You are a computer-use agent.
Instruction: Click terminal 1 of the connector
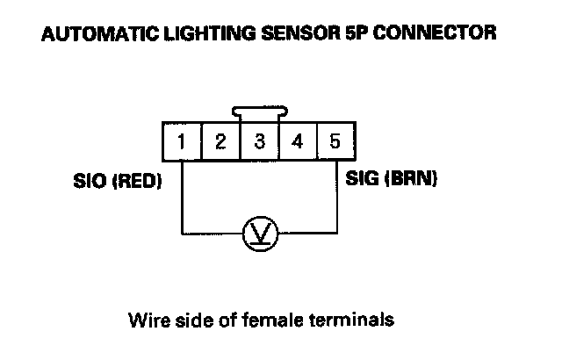[x=181, y=141]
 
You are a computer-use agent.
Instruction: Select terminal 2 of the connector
[x=220, y=141]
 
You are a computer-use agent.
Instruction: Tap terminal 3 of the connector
[x=259, y=141]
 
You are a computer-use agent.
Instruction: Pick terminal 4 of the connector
[x=298, y=141]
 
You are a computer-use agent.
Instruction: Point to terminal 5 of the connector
[x=335, y=141]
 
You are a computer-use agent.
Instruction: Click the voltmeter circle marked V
[x=260, y=234]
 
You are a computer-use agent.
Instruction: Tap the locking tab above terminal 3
[x=260, y=112]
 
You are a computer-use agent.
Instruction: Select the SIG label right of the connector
[x=365, y=179]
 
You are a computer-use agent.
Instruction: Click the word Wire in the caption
[x=145, y=318]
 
